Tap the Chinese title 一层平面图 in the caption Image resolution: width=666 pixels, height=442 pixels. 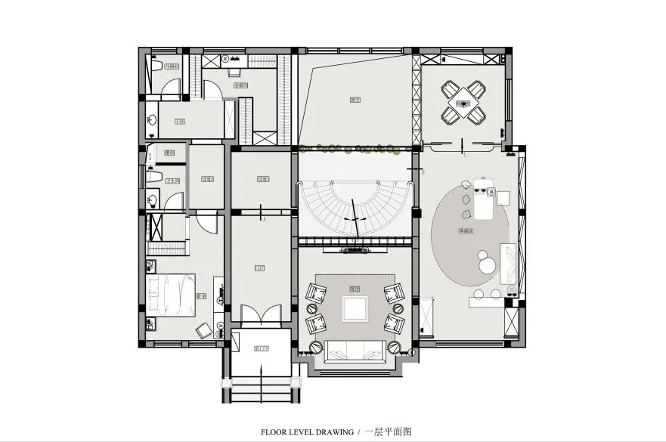(389, 432)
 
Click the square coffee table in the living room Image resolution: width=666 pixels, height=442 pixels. (355, 309)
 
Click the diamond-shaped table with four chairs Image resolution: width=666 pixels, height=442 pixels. (463, 101)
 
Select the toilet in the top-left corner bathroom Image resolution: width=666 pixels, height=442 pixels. (154, 65)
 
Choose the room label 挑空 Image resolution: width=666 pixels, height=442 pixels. (354, 99)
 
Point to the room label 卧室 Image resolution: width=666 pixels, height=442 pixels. (201, 295)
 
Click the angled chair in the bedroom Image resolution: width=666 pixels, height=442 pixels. (203, 329)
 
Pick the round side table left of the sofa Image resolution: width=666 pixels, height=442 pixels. (316, 348)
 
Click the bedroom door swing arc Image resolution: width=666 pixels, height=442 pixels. (206, 224)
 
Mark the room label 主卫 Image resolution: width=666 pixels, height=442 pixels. (179, 120)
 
